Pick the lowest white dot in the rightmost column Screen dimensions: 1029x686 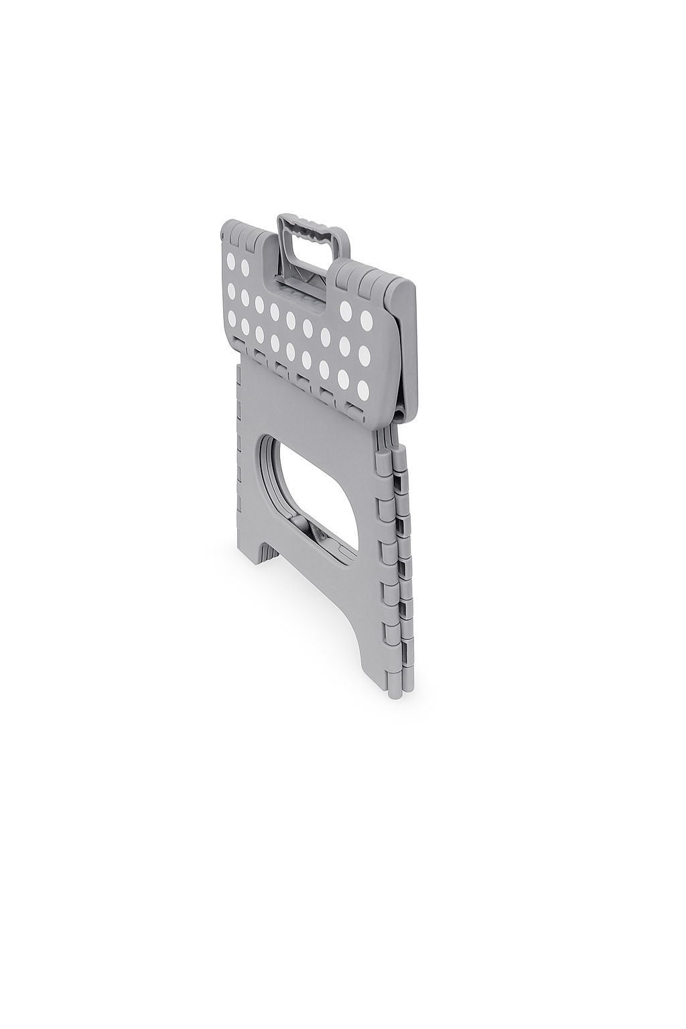pyautogui.click(x=362, y=390)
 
